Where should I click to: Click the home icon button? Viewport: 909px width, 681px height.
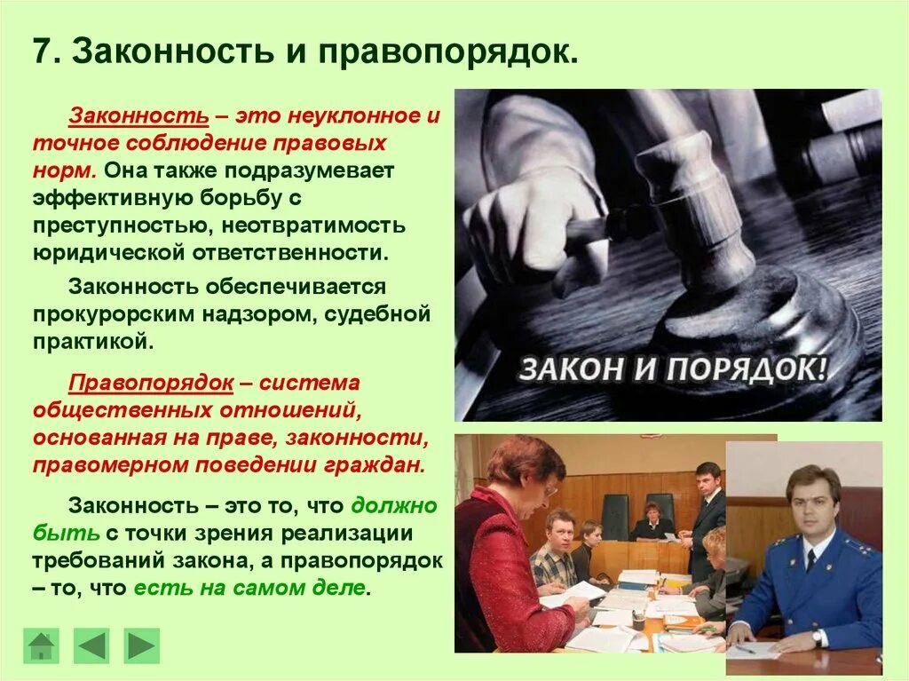(x=41, y=645)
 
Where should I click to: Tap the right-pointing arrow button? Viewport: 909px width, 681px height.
(x=141, y=645)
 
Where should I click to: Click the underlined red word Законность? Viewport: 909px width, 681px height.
(x=139, y=117)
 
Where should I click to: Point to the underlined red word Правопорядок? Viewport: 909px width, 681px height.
(x=151, y=384)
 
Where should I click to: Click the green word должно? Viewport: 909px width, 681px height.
(x=394, y=506)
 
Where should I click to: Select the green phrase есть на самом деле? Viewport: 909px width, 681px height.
(x=249, y=588)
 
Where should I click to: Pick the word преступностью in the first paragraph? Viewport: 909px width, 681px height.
(x=124, y=226)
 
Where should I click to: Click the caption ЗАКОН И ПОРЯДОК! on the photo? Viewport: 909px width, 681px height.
(x=672, y=368)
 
